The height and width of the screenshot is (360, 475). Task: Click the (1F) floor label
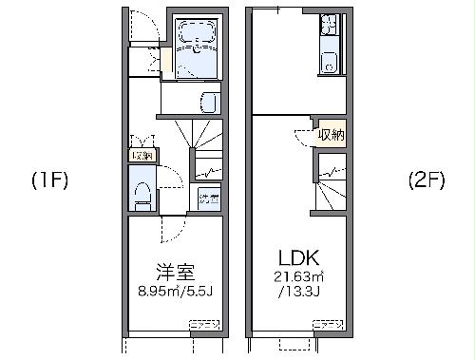tap(47, 180)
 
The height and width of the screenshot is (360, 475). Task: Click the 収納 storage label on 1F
tap(142, 155)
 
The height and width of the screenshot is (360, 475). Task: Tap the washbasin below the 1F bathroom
tap(210, 102)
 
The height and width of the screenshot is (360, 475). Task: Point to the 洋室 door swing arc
tap(171, 228)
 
